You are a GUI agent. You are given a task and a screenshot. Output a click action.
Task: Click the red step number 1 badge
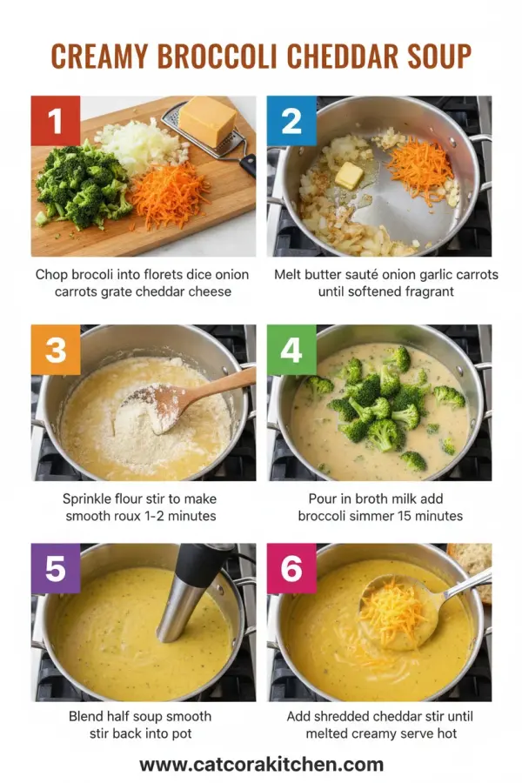(56, 121)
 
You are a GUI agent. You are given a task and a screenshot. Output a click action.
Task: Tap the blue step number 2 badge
(291, 121)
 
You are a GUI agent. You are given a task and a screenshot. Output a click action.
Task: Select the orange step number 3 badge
(56, 350)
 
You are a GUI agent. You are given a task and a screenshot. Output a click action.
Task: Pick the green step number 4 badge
(291, 350)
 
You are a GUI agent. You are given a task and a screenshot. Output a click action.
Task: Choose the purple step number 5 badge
(56, 568)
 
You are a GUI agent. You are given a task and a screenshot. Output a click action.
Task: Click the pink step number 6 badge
(291, 568)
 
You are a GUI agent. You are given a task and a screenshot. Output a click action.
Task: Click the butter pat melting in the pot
(349, 175)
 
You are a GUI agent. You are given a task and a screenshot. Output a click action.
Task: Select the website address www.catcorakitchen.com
(261, 765)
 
